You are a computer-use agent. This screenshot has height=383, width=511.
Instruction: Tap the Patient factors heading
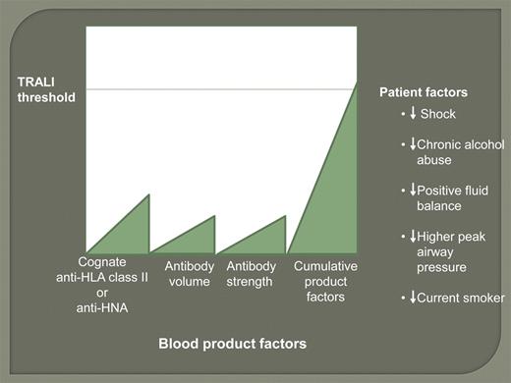tap(424, 92)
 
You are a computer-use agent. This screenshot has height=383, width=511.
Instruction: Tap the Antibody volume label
tap(189, 274)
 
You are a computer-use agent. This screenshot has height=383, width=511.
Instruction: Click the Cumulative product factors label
tap(325, 282)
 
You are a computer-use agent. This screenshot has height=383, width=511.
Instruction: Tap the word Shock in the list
tap(438, 114)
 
